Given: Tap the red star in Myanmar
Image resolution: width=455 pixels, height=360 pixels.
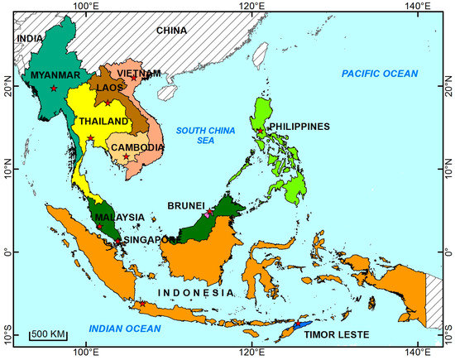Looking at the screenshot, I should (x=54, y=89).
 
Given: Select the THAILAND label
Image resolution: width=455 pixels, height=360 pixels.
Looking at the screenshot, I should (x=103, y=122).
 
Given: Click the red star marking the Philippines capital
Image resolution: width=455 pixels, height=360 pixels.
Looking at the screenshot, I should (x=260, y=131).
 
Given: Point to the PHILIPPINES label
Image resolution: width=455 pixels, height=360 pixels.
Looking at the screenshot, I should (x=299, y=127).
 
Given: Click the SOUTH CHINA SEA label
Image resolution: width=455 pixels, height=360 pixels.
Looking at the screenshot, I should (x=199, y=134).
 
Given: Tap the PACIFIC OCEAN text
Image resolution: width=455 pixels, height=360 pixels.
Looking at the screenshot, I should (x=381, y=74).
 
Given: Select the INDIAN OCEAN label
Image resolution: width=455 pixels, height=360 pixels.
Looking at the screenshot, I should (x=125, y=329).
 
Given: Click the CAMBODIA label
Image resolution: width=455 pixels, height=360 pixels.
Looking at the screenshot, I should (x=136, y=148).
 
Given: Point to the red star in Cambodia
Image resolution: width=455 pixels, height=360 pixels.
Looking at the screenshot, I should (x=126, y=156).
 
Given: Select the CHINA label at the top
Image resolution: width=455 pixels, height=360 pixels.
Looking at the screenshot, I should (x=172, y=31).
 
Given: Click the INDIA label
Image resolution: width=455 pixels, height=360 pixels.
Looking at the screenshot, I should (x=29, y=38).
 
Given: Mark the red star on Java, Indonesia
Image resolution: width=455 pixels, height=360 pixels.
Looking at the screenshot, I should (x=142, y=304).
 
